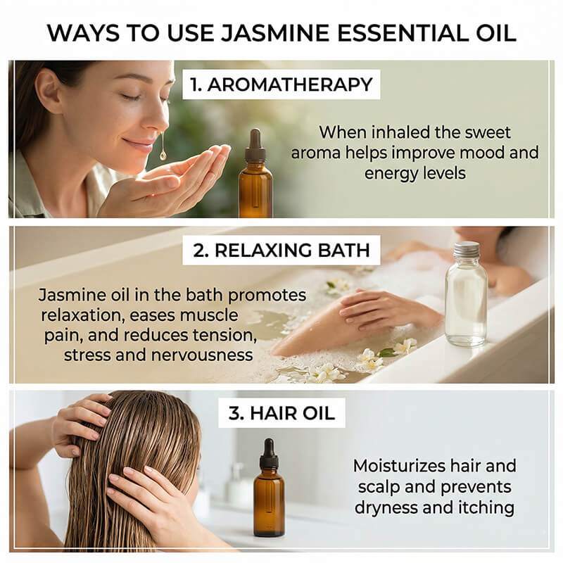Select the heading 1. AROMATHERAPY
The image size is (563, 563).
coord(281,84)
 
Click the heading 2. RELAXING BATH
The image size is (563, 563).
coord(281,250)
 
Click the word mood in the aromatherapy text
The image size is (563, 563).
coord(469,152)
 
